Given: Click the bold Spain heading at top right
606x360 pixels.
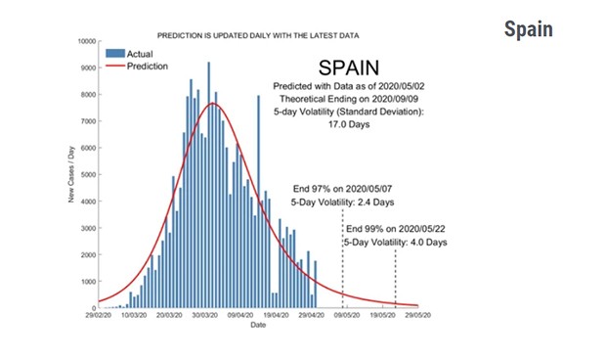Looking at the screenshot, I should tap(528, 29).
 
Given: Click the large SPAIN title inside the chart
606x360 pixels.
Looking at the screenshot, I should tap(357, 68).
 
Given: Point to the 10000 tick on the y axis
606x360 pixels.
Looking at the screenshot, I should tap(82, 42).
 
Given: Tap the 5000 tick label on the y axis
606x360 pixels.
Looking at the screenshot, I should tap(84, 175).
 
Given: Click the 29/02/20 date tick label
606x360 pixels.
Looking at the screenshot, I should tap(99, 316).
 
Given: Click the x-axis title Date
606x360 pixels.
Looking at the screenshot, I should tap(257, 326).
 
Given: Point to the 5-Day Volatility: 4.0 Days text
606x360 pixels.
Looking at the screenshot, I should tap(395, 242).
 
